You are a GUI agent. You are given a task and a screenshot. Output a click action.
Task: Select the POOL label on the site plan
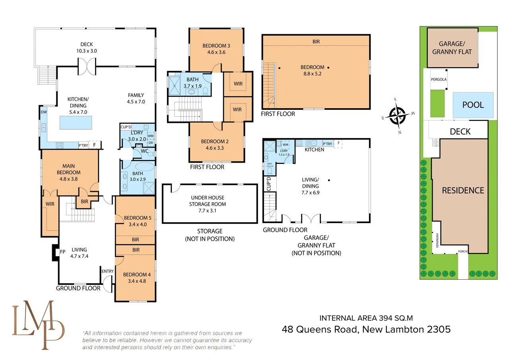tap(473, 105)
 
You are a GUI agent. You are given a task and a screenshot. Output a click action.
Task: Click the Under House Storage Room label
tap(208, 201)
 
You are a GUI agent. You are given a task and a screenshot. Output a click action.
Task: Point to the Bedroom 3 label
tap(216, 45)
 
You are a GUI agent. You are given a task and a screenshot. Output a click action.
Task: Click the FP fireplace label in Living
tap(62, 252)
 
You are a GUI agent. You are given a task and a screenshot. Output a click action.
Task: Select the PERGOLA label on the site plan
tap(439, 79)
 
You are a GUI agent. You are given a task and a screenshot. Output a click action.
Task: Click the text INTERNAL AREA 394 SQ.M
tap(366, 318)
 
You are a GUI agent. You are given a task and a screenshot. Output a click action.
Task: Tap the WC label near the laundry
tap(145, 152)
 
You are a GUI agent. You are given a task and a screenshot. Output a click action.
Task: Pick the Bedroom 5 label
tap(137, 218)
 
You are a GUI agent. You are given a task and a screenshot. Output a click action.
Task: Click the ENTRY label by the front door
tap(108, 271)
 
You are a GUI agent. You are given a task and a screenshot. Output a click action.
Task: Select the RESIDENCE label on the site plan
tap(463, 191)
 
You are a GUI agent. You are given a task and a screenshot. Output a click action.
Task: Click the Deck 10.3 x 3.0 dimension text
tap(86, 51)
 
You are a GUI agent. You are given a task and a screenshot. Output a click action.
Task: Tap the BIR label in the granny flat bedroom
tap(316, 41)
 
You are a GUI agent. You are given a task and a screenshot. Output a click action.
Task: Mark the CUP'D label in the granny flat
tap(269, 184)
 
